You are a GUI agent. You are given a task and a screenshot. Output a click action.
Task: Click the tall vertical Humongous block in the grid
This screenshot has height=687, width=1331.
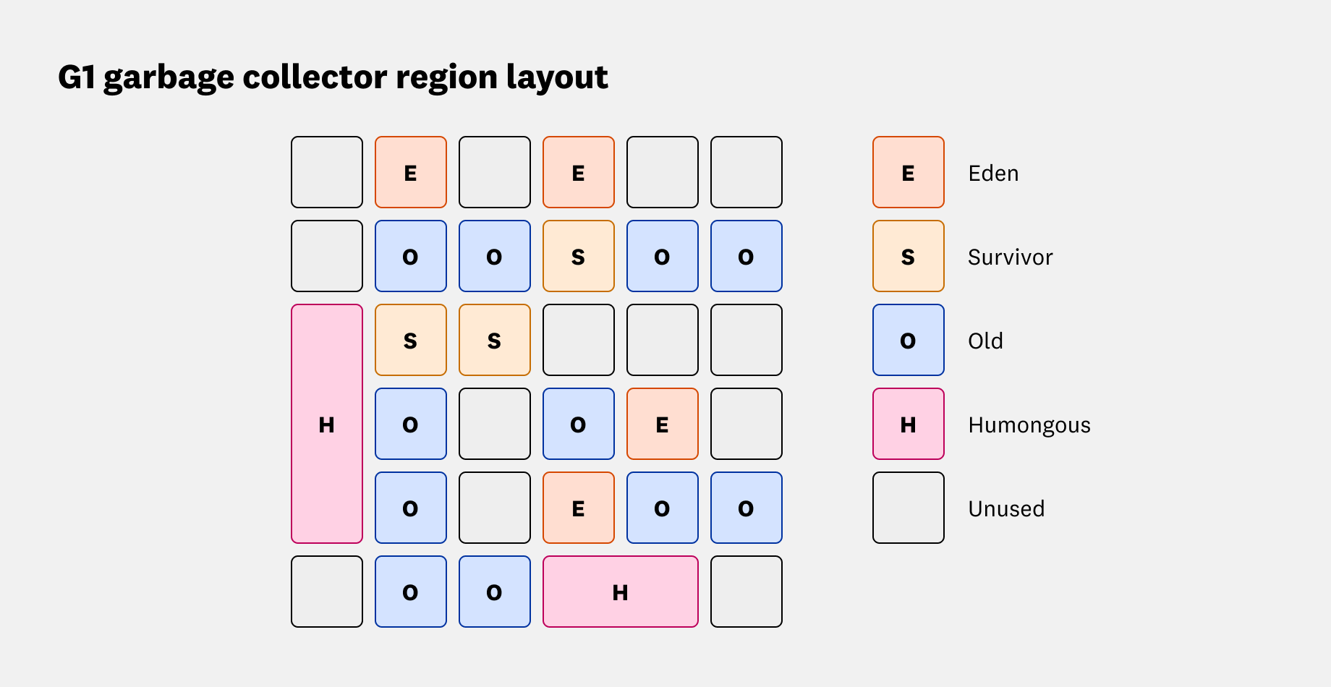(327, 424)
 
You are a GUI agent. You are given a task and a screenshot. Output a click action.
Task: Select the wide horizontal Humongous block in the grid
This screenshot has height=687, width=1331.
(620, 592)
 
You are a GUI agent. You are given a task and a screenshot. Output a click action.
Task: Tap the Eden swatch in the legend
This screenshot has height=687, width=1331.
(908, 173)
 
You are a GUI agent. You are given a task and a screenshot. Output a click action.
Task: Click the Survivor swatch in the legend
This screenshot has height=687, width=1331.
(908, 257)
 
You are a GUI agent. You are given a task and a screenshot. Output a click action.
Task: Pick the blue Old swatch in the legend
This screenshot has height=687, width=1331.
(908, 341)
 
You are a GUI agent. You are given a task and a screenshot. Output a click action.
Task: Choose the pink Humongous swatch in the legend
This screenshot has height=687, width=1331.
(908, 424)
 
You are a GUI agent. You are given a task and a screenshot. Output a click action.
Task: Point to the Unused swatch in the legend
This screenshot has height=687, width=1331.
(908, 508)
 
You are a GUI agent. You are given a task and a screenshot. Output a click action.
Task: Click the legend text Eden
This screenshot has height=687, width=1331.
(993, 174)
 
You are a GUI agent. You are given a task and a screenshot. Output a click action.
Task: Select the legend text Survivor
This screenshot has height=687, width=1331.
(1010, 257)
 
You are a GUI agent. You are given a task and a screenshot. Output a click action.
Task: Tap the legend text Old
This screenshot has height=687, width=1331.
(985, 341)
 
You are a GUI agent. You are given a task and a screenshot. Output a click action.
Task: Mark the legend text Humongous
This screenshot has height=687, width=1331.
(1029, 425)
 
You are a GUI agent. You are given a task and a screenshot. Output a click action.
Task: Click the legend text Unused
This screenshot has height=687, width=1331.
(1006, 508)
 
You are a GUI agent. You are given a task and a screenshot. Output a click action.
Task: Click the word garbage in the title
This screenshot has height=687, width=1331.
(169, 78)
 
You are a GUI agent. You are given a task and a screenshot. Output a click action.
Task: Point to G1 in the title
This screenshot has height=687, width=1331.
(77, 77)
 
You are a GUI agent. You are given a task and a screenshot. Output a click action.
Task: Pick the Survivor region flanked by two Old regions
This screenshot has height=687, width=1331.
(578, 257)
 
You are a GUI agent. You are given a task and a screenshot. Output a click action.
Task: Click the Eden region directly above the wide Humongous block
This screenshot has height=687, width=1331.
(578, 508)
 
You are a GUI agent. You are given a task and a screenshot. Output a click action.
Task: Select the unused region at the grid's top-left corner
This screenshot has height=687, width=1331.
(327, 172)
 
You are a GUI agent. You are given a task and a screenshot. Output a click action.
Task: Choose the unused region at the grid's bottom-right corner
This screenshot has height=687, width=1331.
(746, 592)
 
